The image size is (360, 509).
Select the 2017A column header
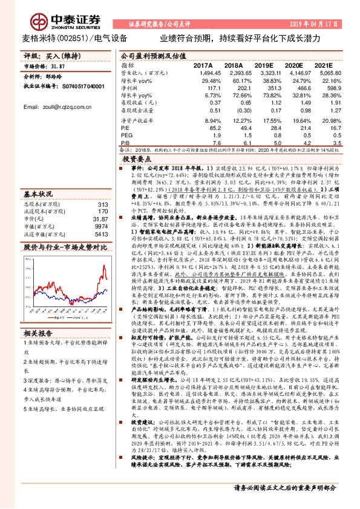pyautogui.click(x=203, y=64)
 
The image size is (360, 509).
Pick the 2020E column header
pyautogui.click(x=293, y=64)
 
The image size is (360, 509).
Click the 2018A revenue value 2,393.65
pyautogui.click(x=233, y=72)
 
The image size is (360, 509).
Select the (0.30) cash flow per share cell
pyautogui.click(x=233, y=111)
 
